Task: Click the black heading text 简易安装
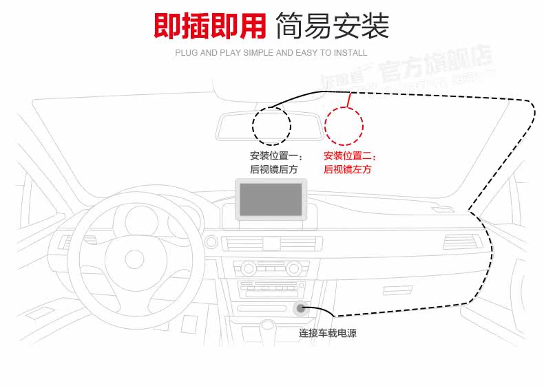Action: [x=332, y=26]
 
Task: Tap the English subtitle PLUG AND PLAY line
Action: [x=271, y=53]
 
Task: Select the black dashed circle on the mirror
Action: [x=271, y=125]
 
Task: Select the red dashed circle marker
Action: [x=344, y=125]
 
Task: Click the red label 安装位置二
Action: [x=350, y=155]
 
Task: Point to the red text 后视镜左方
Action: [x=347, y=169]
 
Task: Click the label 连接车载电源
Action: [x=327, y=334]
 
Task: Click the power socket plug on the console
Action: [x=300, y=309]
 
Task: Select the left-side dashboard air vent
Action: [x=66, y=242]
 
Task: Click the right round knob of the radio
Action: [x=293, y=266]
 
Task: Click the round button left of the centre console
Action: [x=211, y=242]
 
